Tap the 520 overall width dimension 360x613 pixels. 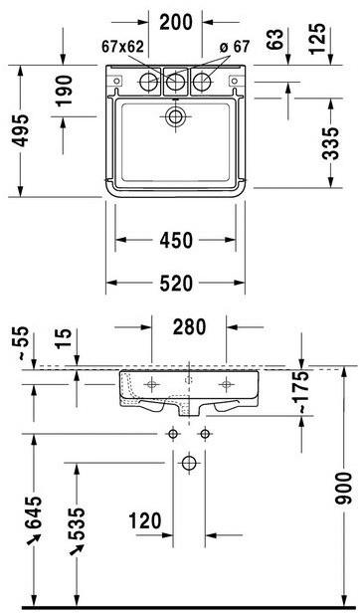click(176, 284)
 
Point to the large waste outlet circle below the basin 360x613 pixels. click(188, 463)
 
